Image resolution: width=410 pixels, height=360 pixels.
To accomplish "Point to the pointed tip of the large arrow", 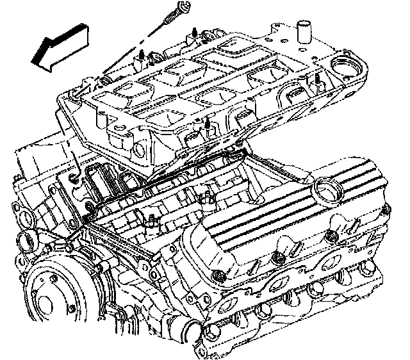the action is click(32, 61).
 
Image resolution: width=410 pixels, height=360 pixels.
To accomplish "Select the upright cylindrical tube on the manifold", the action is click(304, 33).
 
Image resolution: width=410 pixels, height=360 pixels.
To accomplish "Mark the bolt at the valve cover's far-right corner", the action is click(386, 209).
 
